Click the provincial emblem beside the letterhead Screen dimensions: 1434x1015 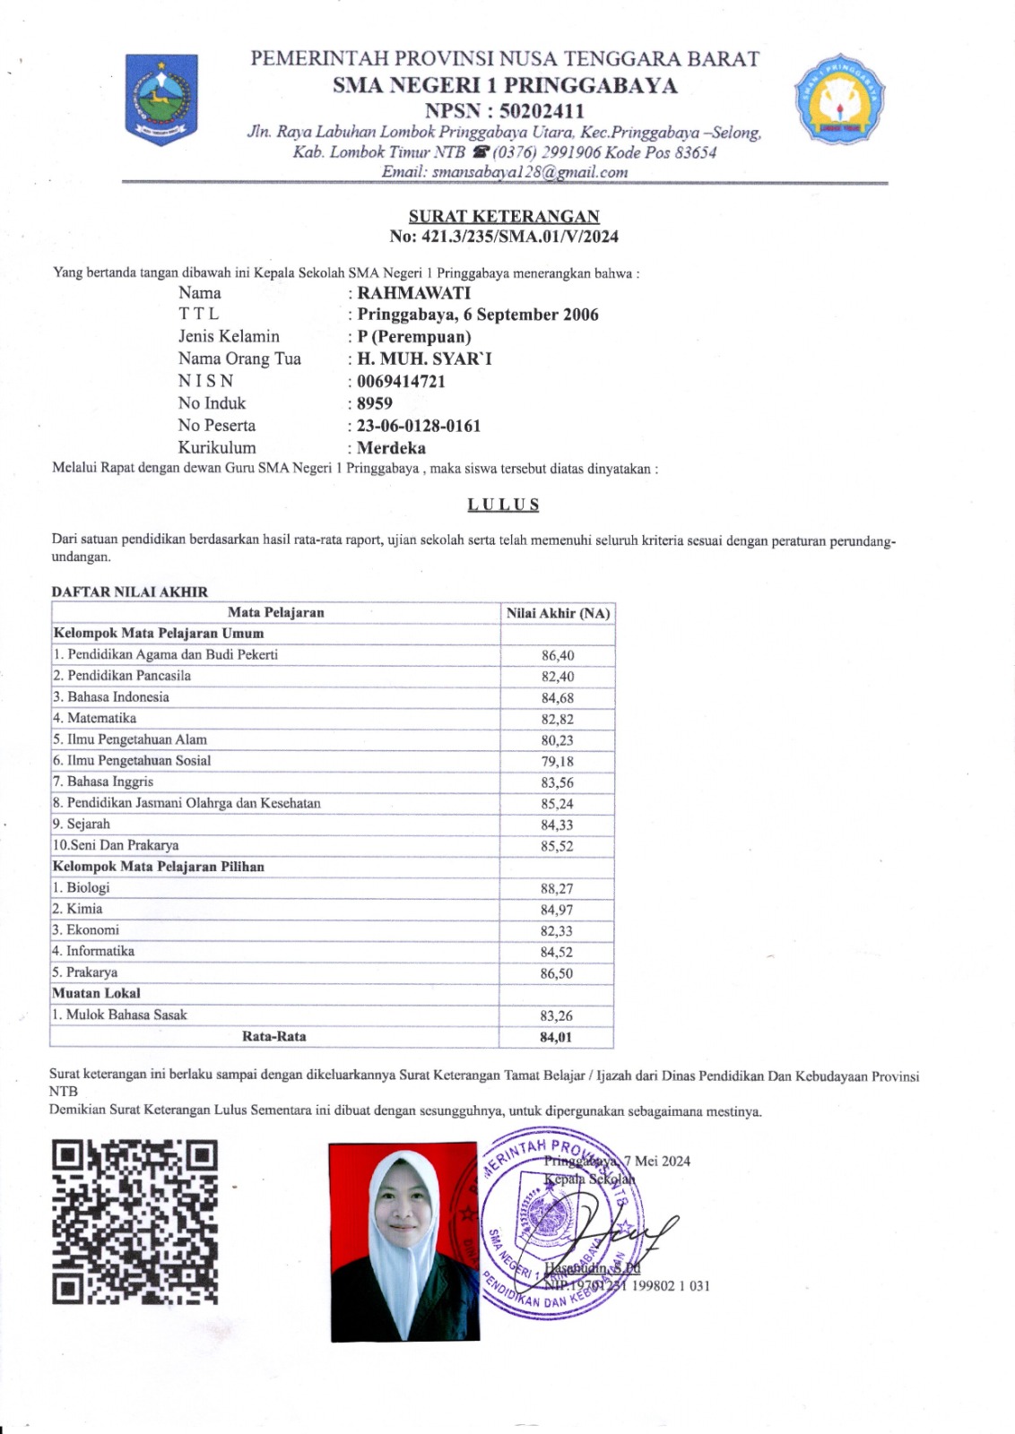click(x=161, y=97)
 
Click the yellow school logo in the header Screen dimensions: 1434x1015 click(x=839, y=100)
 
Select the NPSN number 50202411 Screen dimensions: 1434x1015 click(x=534, y=111)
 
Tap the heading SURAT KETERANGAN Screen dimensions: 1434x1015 click(x=504, y=216)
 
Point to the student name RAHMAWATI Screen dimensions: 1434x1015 click(x=413, y=293)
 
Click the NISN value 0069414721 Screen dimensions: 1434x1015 click(x=401, y=381)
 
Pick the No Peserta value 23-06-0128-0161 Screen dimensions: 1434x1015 click(x=418, y=426)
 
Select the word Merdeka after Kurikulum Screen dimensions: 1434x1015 click(x=391, y=448)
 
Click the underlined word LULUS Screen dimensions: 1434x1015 click(x=503, y=505)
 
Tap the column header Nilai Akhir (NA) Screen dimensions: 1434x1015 click(x=558, y=613)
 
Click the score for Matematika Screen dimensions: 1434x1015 click(x=557, y=719)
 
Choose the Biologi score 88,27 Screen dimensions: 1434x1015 click(x=557, y=888)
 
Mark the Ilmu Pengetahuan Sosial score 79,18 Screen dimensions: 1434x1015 click(x=557, y=761)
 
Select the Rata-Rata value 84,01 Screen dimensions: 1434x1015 click(x=556, y=1037)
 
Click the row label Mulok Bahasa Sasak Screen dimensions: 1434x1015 click(x=126, y=1015)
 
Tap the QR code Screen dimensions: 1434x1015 click(x=134, y=1222)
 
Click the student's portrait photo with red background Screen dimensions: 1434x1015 click(x=403, y=1241)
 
